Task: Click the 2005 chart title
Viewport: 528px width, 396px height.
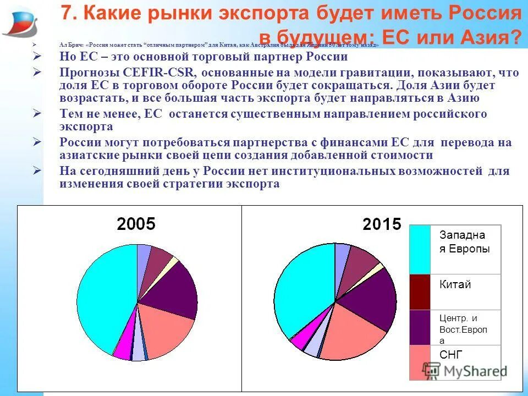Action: [136, 224]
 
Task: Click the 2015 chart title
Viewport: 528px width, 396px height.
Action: [382, 224]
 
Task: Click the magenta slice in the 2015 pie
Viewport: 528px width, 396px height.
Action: [301, 340]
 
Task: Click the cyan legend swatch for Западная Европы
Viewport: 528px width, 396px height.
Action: [420, 249]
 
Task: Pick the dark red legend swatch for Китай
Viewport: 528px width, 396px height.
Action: [420, 291]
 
